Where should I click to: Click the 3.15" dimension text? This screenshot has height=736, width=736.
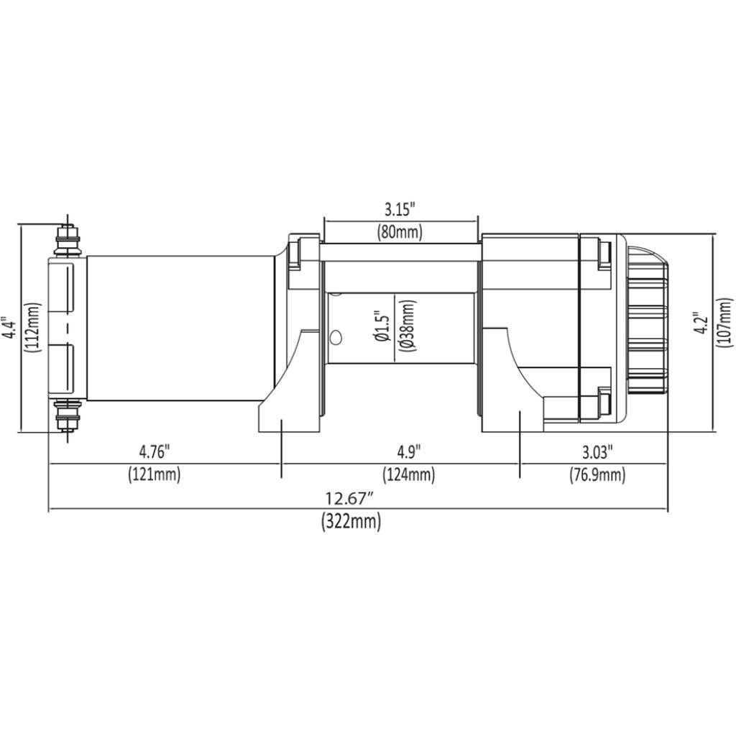pyautogui.click(x=400, y=210)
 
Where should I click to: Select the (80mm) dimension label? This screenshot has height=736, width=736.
pyautogui.click(x=400, y=232)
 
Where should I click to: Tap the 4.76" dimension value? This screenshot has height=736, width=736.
pyautogui.click(x=154, y=452)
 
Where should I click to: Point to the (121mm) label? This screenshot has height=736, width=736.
pyautogui.click(x=154, y=474)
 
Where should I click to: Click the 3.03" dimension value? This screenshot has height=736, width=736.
pyautogui.click(x=598, y=452)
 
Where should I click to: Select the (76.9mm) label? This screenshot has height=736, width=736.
pyautogui.click(x=597, y=474)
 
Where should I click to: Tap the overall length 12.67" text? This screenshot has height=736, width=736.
pyautogui.click(x=350, y=498)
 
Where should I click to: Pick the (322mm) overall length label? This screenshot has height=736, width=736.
pyautogui.click(x=350, y=522)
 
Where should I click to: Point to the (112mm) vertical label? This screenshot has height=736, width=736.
pyautogui.click(x=32, y=327)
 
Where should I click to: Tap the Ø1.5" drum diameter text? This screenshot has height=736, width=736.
pyautogui.click(x=382, y=327)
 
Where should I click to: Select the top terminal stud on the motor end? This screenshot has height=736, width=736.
pyautogui.click(x=68, y=237)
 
